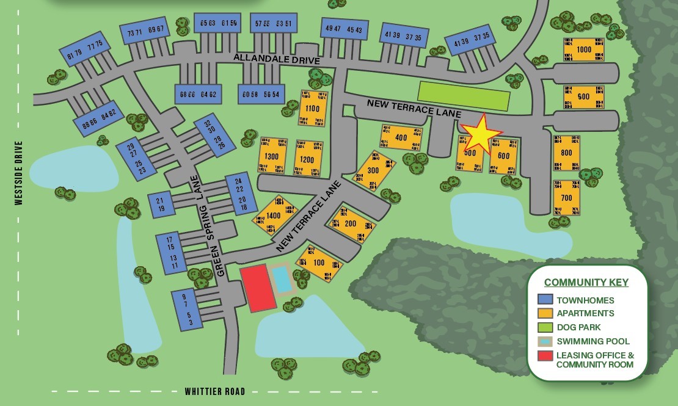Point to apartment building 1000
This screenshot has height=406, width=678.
[x=584, y=49]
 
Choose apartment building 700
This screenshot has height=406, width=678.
[x=566, y=197]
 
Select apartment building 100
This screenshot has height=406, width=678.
[x=319, y=263]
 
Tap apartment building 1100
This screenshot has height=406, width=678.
[x=312, y=109]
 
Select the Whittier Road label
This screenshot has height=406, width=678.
[x=215, y=391]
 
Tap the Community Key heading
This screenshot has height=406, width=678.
[x=586, y=282]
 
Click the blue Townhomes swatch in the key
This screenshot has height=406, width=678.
[x=545, y=300]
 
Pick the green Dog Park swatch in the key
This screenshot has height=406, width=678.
[x=545, y=327]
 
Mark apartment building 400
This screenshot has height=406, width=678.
[x=401, y=138]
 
